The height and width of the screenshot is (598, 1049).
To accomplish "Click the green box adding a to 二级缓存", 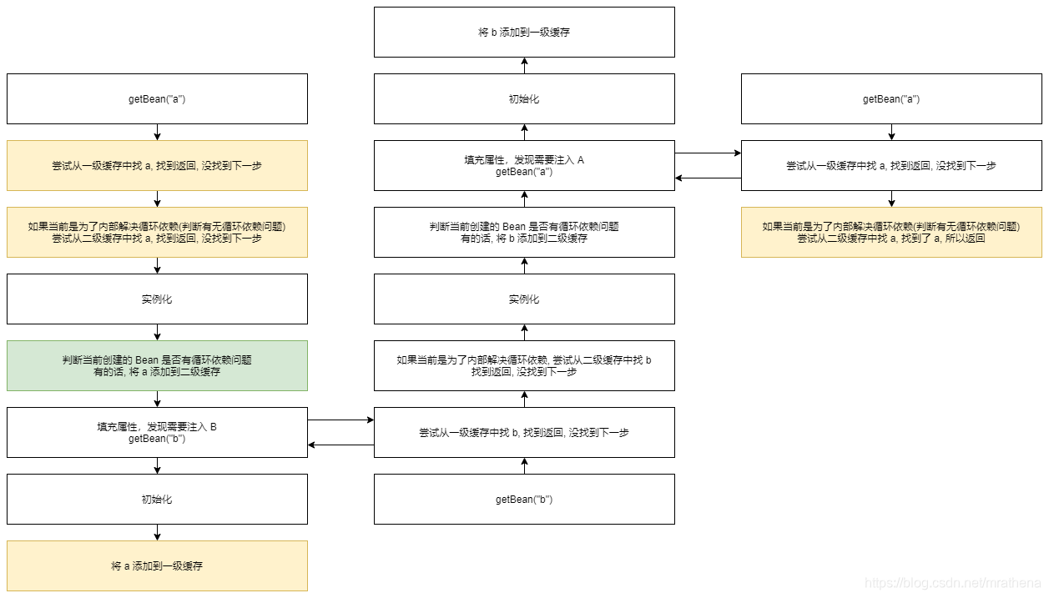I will pos(157,365).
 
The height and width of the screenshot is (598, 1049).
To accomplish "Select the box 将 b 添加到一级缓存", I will pos(524,33).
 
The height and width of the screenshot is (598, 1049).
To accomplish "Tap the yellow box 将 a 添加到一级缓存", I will pos(157,565).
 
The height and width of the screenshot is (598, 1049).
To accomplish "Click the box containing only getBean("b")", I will pos(524,499).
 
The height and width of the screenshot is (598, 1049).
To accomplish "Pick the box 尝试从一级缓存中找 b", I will pos(524,432).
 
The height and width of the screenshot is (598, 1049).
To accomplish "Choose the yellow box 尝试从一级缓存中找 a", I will pos(157,165).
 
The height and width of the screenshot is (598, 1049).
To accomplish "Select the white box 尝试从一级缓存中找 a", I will pos(891,165).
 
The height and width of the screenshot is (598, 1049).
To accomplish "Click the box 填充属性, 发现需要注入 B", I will pos(157,432).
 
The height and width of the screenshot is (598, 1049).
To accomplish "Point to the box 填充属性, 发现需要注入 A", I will pos(524,165).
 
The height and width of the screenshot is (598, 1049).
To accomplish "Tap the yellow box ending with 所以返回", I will pos(891,232).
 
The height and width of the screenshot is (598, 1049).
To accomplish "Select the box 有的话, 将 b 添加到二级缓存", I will pos(524,232).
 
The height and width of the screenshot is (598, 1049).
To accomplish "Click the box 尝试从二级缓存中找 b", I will pos(524,365).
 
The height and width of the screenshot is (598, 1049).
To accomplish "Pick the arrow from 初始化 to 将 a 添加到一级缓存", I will pos(157,532).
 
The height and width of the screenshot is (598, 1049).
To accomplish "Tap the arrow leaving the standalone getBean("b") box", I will pos(524,465).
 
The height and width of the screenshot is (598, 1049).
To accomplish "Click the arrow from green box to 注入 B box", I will pos(157,399).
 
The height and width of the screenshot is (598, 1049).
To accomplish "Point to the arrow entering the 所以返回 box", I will pos(891,198).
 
